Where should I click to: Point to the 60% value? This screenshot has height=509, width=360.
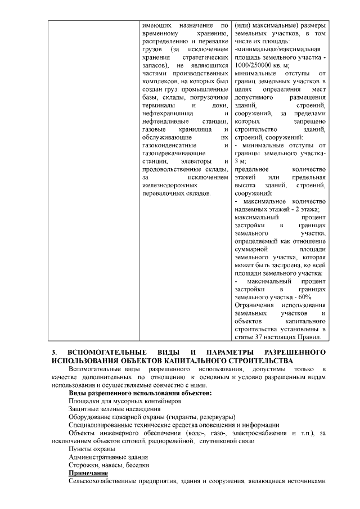click(304, 297)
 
